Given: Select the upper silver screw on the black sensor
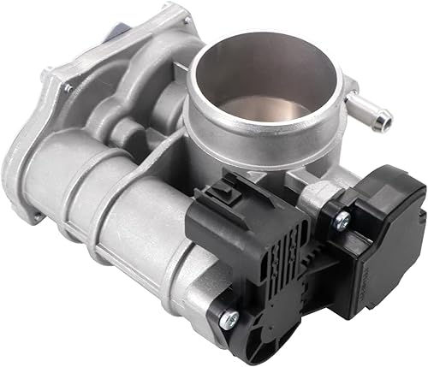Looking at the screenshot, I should point(343,219).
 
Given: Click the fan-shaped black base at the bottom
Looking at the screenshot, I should point(291,329).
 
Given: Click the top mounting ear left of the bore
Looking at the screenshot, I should point(171,21).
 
